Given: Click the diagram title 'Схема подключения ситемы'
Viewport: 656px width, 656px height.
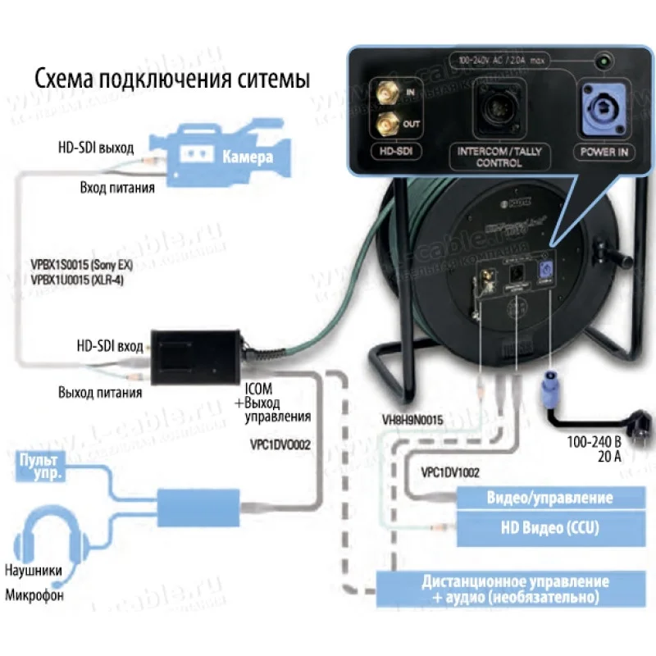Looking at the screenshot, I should tap(171, 80).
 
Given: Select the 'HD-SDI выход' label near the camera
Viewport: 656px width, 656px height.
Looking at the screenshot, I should tap(95, 148).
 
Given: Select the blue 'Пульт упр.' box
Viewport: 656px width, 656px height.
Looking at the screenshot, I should tap(39, 467).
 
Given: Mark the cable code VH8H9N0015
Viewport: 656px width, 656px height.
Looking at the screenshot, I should tap(412, 420).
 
